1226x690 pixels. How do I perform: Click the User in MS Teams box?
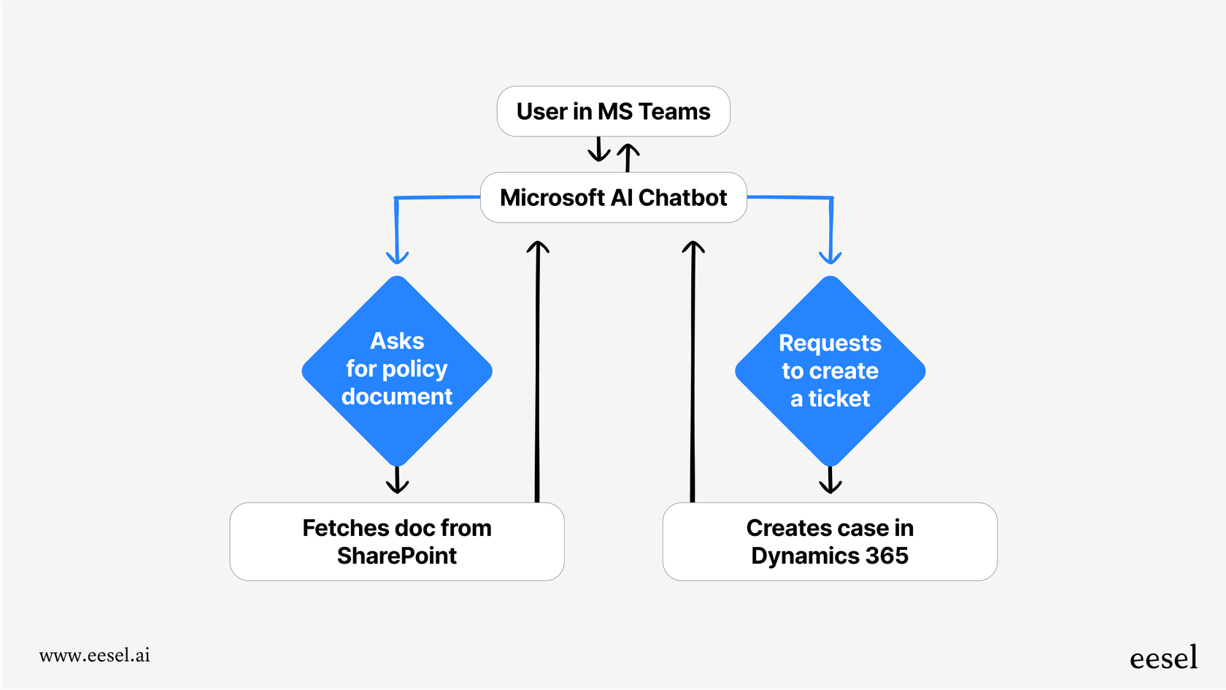click(613, 112)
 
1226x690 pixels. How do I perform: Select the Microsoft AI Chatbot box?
click(613, 198)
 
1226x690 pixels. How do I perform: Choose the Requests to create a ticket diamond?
click(830, 371)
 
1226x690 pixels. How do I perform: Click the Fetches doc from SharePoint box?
click(397, 541)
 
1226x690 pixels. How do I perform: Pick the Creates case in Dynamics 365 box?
click(830, 541)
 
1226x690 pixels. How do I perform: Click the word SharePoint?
click(397, 556)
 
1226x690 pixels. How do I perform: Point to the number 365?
click(887, 556)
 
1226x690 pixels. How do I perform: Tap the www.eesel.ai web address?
click(95, 655)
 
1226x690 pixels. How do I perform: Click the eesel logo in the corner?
click(1163, 658)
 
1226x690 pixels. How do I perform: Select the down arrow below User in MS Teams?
click(599, 150)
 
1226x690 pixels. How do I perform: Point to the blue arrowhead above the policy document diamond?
click(397, 256)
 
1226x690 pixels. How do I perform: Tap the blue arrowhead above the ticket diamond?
click(830, 256)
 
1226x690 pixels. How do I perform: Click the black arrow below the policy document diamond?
click(397, 481)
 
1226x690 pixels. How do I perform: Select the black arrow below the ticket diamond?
click(830, 481)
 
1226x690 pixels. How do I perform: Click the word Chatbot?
click(682, 198)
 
